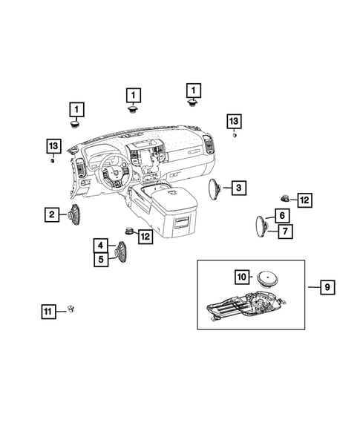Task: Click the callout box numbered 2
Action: click(x=52, y=215)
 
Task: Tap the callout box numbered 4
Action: click(x=100, y=246)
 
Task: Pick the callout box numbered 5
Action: click(x=100, y=260)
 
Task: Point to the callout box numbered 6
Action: click(x=282, y=216)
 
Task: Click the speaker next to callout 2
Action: click(x=74, y=215)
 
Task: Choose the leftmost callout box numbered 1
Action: click(x=76, y=110)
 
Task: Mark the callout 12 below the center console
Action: click(x=145, y=237)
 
